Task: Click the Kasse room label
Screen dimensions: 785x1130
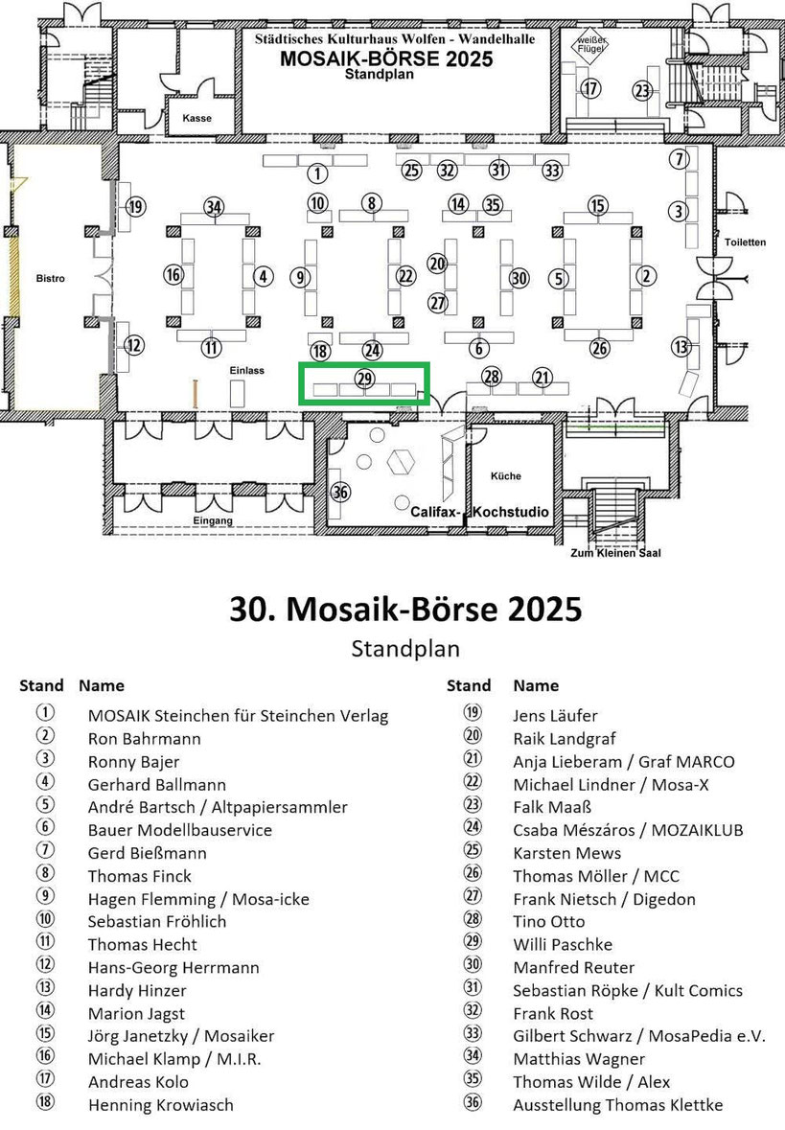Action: click(x=196, y=118)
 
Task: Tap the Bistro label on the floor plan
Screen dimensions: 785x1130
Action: click(x=51, y=278)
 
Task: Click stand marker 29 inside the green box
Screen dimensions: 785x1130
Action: click(x=365, y=379)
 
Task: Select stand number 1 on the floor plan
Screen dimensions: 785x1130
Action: click(x=317, y=173)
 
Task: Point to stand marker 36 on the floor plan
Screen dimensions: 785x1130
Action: click(x=340, y=493)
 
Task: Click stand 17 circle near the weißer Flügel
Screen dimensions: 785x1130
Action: click(x=590, y=88)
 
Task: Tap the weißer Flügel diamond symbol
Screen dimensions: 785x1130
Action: click(x=590, y=45)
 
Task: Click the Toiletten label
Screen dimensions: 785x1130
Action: click(x=746, y=242)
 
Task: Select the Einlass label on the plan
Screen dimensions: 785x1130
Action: click(x=247, y=370)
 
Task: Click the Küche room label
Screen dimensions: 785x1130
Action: click(x=506, y=475)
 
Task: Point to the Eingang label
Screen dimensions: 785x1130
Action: click(x=213, y=520)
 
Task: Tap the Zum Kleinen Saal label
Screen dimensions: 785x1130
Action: click(x=615, y=553)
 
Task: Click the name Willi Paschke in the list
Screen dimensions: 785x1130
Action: click(x=563, y=945)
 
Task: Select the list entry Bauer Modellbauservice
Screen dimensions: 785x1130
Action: click(x=180, y=830)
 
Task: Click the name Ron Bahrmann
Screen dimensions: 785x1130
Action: click(x=144, y=739)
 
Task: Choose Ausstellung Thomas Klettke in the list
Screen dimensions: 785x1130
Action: click(x=618, y=1105)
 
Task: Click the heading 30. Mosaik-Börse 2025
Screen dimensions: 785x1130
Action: click(x=405, y=609)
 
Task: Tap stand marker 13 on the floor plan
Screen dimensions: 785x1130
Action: click(x=681, y=347)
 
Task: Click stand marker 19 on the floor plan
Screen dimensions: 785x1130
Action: click(x=135, y=208)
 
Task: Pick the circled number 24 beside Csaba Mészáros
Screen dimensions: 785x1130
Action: click(x=473, y=827)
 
